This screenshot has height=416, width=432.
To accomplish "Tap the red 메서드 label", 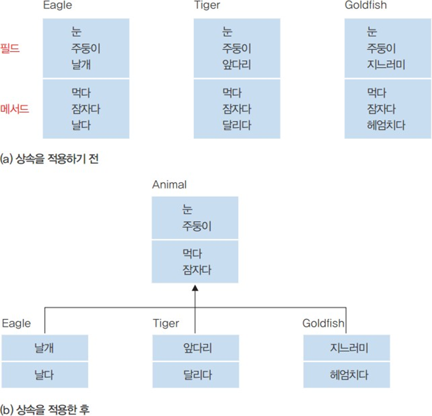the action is [x=16, y=109].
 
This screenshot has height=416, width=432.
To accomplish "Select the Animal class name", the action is [x=169, y=184].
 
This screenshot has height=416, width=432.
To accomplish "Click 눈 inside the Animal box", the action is [x=187, y=210].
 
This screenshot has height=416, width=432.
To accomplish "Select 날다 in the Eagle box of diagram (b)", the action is [x=44, y=375].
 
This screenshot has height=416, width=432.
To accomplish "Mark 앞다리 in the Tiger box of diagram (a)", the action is [x=237, y=65].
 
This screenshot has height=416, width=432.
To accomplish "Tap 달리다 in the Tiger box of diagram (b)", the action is [x=195, y=375].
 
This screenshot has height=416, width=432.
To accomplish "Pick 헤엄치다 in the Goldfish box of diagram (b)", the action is [x=346, y=375].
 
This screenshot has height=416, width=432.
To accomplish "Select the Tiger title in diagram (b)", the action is [x=166, y=323].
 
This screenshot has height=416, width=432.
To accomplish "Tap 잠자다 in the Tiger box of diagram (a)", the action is [x=237, y=109].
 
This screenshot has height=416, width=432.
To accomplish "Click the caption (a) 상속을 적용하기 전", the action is [x=49, y=159].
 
